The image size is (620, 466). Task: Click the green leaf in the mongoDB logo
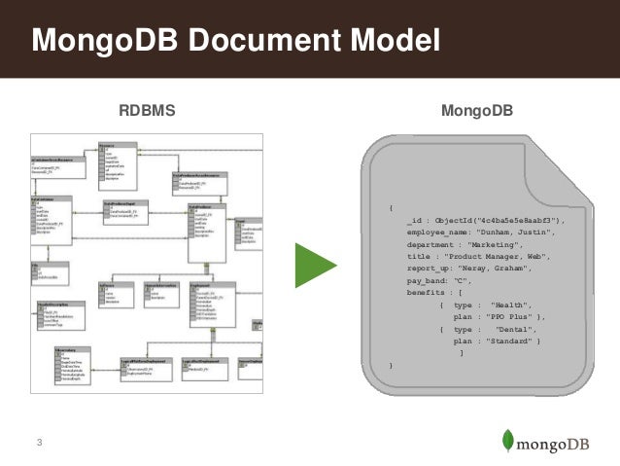(508, 441)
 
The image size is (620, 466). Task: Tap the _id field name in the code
(414, 221)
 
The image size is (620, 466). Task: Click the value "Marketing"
(497, 245)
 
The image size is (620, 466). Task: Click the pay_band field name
(428, 280)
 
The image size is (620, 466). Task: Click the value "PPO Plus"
(510, 316)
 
